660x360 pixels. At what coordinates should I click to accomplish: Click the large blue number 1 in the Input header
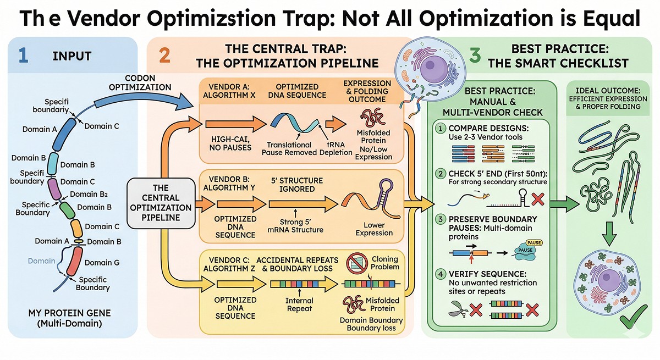coord(23,56)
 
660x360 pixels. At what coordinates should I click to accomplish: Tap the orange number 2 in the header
coord(164,56)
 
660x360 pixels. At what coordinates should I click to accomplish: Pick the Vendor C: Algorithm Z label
coord(230,263)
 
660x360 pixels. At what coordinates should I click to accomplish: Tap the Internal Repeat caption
coord(299,304)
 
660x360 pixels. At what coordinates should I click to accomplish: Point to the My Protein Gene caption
coord(69,318)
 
